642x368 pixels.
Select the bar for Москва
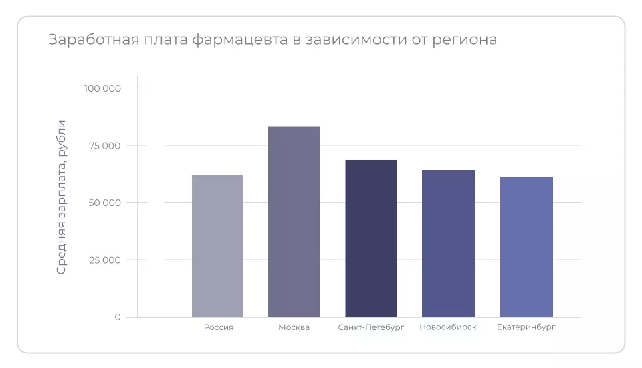294,222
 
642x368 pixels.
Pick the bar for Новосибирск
448,244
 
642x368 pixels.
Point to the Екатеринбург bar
526,247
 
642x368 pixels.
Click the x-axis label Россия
218,327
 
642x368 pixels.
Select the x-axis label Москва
294,327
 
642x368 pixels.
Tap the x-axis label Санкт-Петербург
371,327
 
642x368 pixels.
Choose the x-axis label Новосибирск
448,327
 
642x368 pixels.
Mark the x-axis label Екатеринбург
526,327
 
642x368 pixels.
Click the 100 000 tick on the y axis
102,88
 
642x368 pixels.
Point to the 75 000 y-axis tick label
104,145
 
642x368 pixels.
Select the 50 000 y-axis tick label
104,203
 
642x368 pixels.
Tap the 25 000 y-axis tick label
104,260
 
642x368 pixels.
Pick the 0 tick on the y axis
118,317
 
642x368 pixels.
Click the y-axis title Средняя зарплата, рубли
62,197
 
